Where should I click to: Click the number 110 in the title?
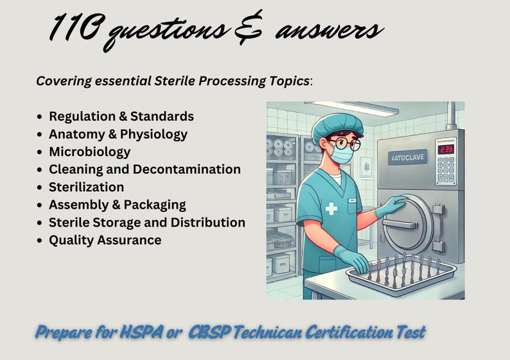(76, 29)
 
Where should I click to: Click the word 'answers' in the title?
(329, 30)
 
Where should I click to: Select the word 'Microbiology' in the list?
(89, 151)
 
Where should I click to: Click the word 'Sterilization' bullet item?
(86, 187)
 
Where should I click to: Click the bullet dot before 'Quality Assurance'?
(40, 241)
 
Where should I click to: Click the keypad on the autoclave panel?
(446, 171)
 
